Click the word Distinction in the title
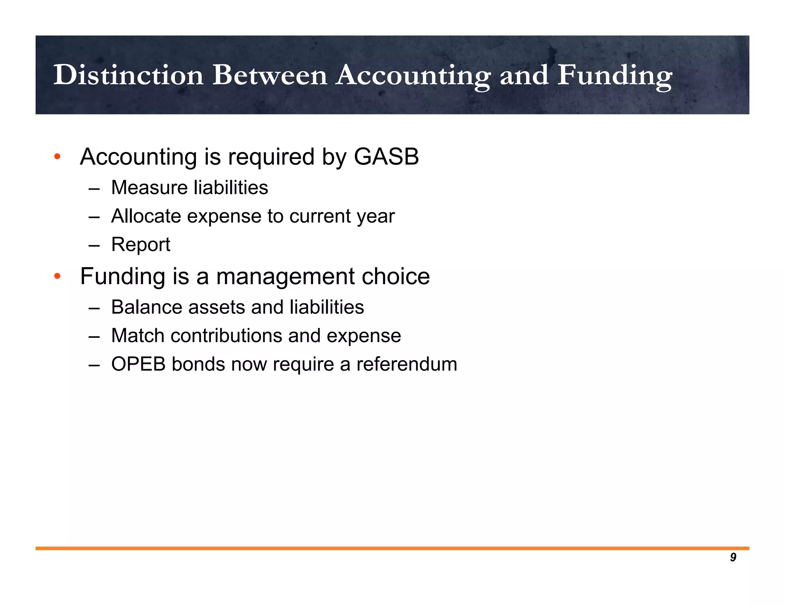[128, 75]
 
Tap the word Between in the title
[270, 75]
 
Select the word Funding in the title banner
[614, 75]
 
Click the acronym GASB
[386, 157]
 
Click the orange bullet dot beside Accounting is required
[57, 157]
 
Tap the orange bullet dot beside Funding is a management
[57, 276]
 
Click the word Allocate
[146, 216]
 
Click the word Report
[141, 245]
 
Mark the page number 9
[733, 557]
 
